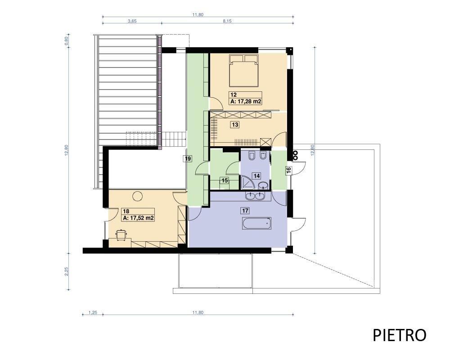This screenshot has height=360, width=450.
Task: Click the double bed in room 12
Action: pos(244,70)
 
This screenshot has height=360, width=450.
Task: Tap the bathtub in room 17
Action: pos(257,223)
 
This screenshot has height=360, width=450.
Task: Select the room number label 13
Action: pos(235,125)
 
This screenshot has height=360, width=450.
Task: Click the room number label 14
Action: pos(256,175)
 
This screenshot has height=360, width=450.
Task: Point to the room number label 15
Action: pos(225,180)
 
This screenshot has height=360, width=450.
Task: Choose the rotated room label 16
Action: pos(289,170)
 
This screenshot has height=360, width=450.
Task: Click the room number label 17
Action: pos(245,211)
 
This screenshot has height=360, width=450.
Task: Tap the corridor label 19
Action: pos(188,158)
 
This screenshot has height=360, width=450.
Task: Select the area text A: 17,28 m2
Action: pos(246,101)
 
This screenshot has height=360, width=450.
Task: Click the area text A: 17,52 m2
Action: pos(138,218)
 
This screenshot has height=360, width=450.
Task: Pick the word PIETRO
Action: pos(399,335)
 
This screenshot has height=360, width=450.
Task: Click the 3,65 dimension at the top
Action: pos(132,21)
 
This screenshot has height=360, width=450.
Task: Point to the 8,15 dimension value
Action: pos(227,21)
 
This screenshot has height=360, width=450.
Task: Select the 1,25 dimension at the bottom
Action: pos(92,313)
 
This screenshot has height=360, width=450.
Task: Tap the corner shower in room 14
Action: pos(247,182)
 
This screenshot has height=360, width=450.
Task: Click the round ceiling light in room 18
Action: pos(137,196)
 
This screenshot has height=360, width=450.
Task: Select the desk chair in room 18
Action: pos(121,234)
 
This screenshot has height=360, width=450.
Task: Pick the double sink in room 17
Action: pos(255,196)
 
